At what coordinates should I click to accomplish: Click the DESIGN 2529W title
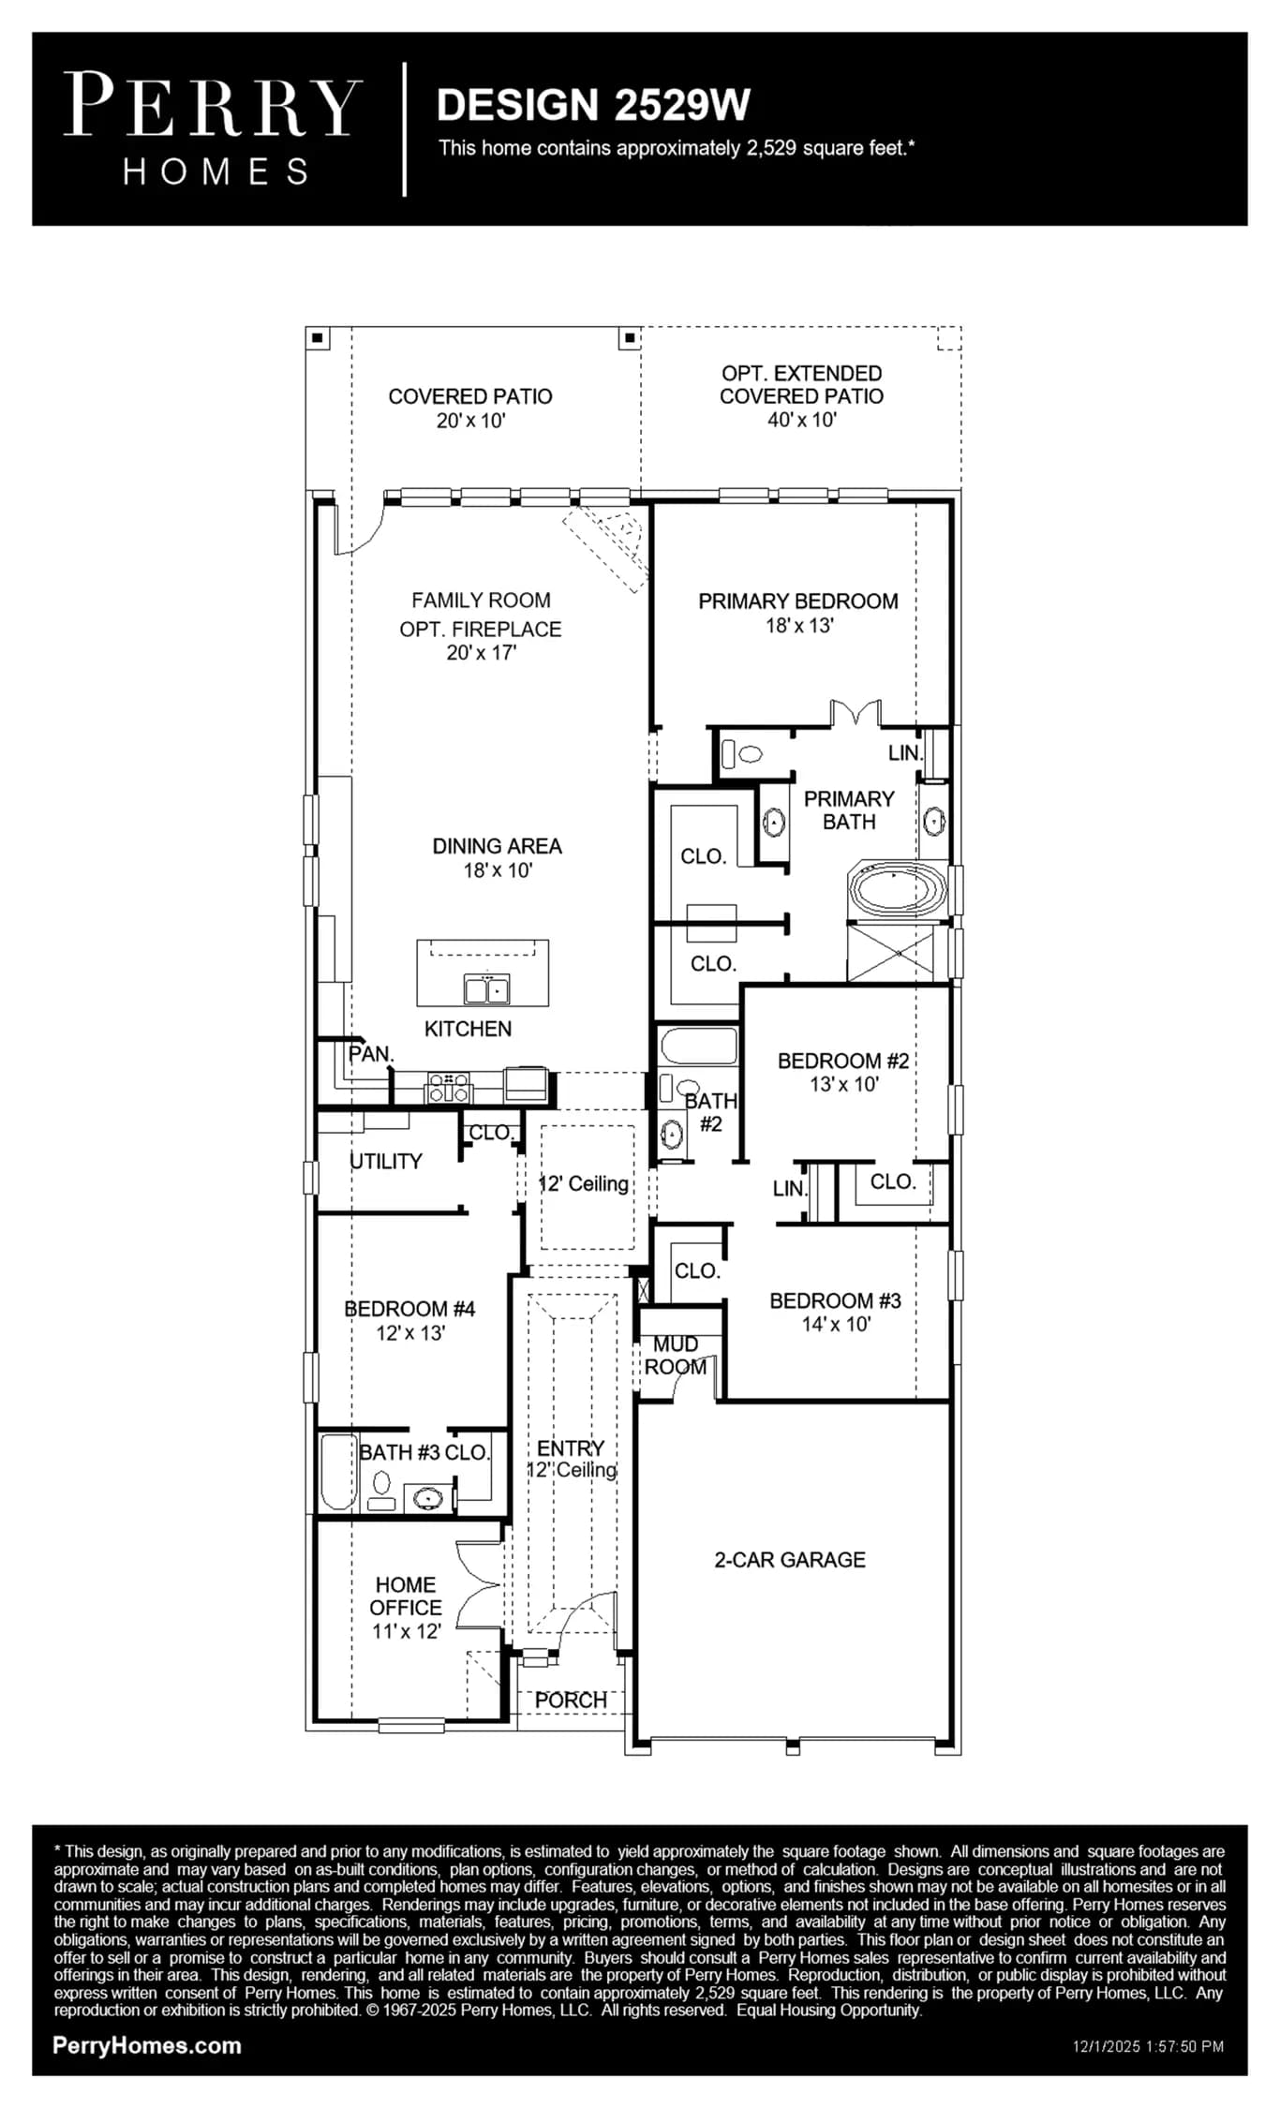[x=593, y=105]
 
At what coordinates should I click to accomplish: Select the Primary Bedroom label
[x=798, y=601]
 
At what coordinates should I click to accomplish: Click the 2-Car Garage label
[x=790, y=1559]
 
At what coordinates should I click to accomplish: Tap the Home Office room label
[x=405, y=1596]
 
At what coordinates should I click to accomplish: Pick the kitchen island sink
[x=487, y=988]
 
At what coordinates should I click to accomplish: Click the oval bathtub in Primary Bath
[x=897, y=889]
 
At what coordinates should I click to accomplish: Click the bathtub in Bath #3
[x=339, y=1472]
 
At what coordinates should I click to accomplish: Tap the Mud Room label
[x=676, y=1356]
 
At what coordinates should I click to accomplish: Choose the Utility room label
[x=386, y=1161]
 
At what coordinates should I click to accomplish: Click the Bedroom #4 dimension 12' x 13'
[x=410, y=1332]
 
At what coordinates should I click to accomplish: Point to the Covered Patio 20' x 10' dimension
[x=470, y=421]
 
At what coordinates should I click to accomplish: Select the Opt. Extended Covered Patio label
[x=801, y=384]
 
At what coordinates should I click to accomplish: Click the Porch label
[x=571, y=1700]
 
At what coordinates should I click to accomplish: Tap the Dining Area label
[x=498, y=846]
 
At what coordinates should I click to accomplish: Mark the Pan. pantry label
[x=371, y=1054]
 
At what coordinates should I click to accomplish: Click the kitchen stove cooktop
[x=449, y=1087]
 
